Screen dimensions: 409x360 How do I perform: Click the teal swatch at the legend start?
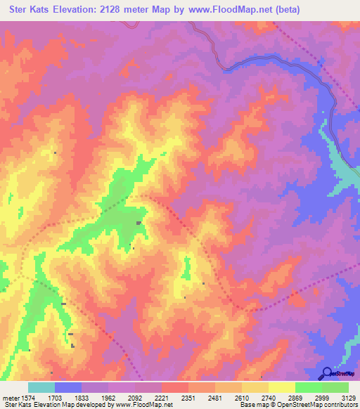coord(41,387)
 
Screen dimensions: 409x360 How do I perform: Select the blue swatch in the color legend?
coord(68,387)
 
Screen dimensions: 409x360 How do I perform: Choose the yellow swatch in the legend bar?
coord(282,387)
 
